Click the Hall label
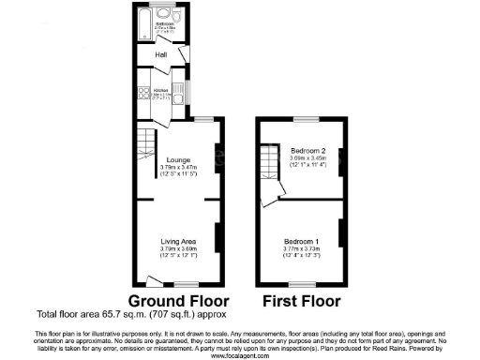pyautogui.click(x=148, y=55)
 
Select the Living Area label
pyautogui.click(x=178, y=241)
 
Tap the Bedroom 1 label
pyautogui.click(x=301, y=242)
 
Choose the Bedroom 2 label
pyautogui.click(x=307, y=151)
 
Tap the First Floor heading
pyautogui.click(x=300, y=302)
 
